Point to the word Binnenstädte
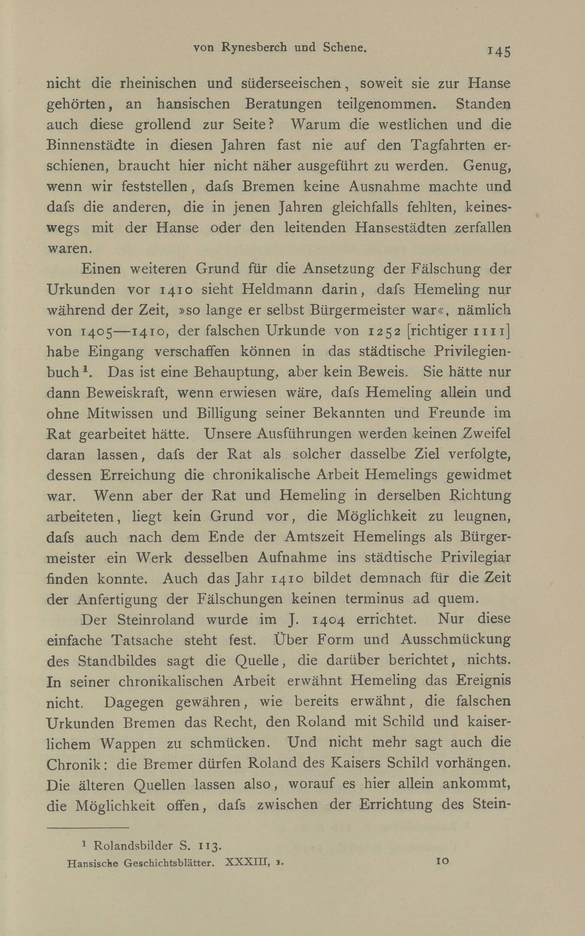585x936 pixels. click(x=91, y=145)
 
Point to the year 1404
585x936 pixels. click(x=328, y=620)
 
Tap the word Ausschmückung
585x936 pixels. click(x=455, y=640)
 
